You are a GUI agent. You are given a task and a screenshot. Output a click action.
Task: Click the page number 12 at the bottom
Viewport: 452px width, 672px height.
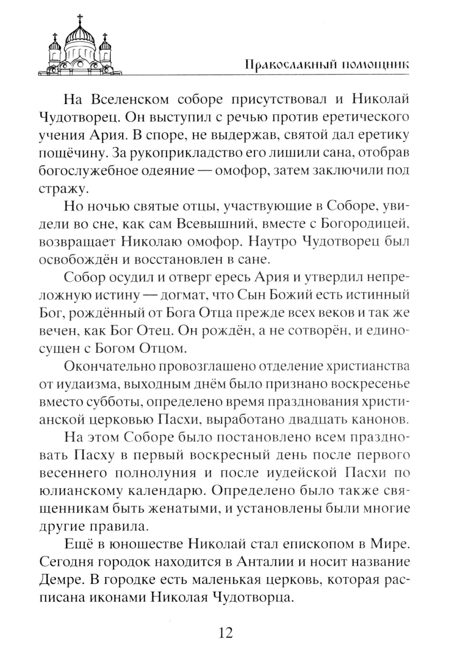click(226, 633)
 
